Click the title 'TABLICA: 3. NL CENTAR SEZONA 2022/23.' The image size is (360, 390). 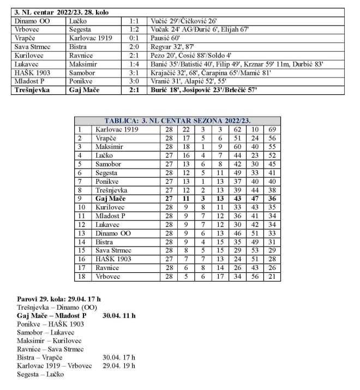(x=178, y=121)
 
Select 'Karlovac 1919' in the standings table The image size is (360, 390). (x=117, y=130)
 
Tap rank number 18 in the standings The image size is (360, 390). (x=82, y=277)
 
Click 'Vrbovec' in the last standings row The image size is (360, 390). (x=107, y=277)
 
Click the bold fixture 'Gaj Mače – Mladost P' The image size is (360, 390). (x=52, y=316)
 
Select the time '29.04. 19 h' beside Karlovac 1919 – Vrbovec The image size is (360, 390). (x=119, y=365)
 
